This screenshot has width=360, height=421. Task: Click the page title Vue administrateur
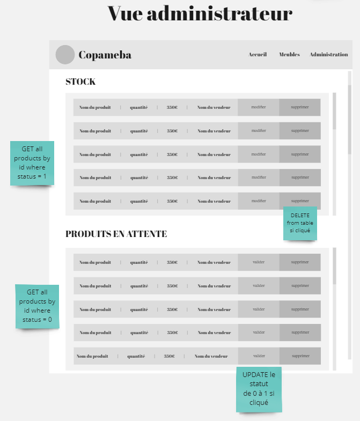point(200,13)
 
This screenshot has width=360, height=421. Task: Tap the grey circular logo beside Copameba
point(65,55)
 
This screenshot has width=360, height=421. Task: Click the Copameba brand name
point(105,55)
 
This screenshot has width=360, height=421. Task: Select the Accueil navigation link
point(258,55)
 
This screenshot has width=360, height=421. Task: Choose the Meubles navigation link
point(289,55)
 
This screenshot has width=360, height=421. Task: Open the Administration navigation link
point(328,55)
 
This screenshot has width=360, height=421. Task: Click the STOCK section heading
point(80,82)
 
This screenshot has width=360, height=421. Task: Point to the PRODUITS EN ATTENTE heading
point(116,234)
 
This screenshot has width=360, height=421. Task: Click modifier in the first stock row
point(259,107)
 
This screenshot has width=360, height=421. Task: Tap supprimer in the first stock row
point(300,107)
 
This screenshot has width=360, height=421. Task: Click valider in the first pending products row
point(259,262)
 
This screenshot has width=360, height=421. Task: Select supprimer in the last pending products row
point(300,356)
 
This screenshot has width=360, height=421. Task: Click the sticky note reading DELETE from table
point(300,223)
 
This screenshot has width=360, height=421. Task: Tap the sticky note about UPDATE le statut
point(259,389)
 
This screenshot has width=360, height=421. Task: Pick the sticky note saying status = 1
point(32,163)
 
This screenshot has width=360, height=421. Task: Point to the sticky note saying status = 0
point(37,306)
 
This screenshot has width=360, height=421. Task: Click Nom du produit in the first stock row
point(95,107)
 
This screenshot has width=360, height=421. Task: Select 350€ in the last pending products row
point(169,356)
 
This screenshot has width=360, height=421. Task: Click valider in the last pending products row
point(259,356)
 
